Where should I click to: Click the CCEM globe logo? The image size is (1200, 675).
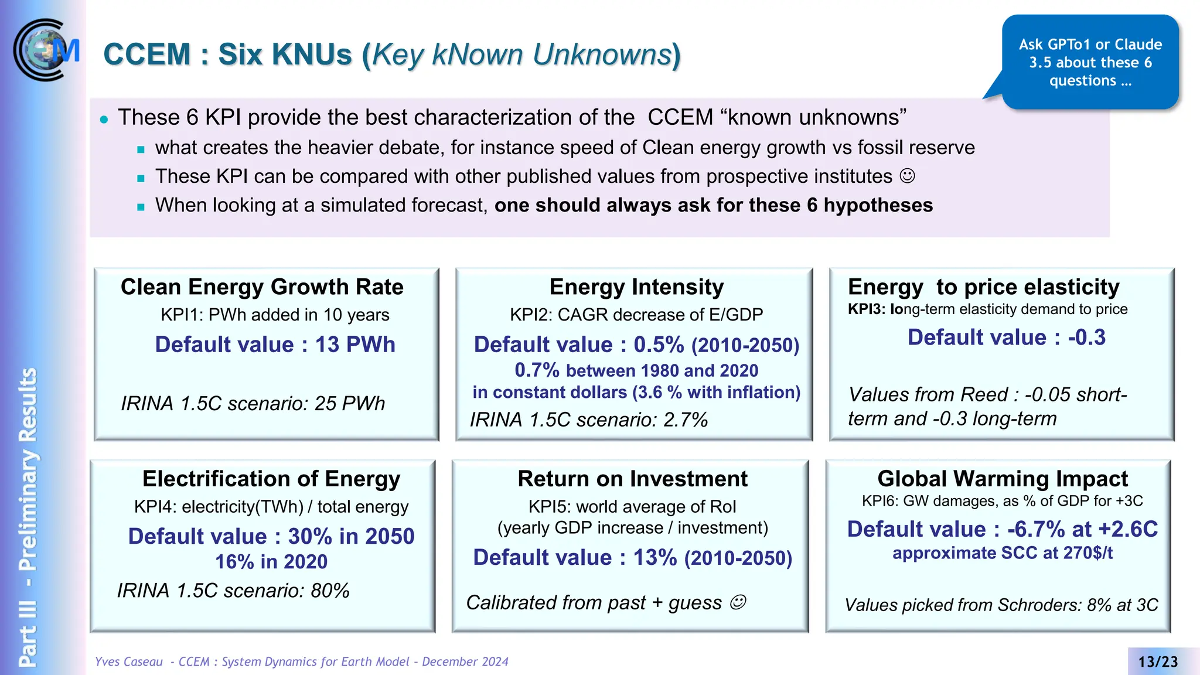coord(46,50)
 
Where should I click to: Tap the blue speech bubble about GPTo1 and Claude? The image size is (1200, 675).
coord(1090,62)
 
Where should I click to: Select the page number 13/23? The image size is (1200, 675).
coord(1158,662)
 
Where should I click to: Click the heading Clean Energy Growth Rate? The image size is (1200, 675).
coord(262,287)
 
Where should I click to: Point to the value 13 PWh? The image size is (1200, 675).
coord(355,345)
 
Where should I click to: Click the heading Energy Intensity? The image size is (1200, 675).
coord(636,287)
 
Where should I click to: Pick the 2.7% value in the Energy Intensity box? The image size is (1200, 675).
coord(685,420)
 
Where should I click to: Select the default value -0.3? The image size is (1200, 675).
coord(1087,337)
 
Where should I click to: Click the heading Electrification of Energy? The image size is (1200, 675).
coord(271,479)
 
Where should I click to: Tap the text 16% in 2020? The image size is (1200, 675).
coord(271,561)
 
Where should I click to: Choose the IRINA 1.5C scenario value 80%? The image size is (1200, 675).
coord(330,591)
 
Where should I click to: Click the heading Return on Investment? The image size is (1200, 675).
coord(632,479)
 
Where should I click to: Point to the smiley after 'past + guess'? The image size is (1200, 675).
coord(738,602)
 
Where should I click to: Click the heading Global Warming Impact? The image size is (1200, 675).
coord(1002,479)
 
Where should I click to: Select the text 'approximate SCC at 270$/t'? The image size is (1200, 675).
coord(1002,553)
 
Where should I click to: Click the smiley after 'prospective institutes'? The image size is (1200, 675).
coord(907,176)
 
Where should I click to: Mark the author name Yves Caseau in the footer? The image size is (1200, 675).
coord(129,662)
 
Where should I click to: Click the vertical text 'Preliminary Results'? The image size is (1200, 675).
coord(28,469)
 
